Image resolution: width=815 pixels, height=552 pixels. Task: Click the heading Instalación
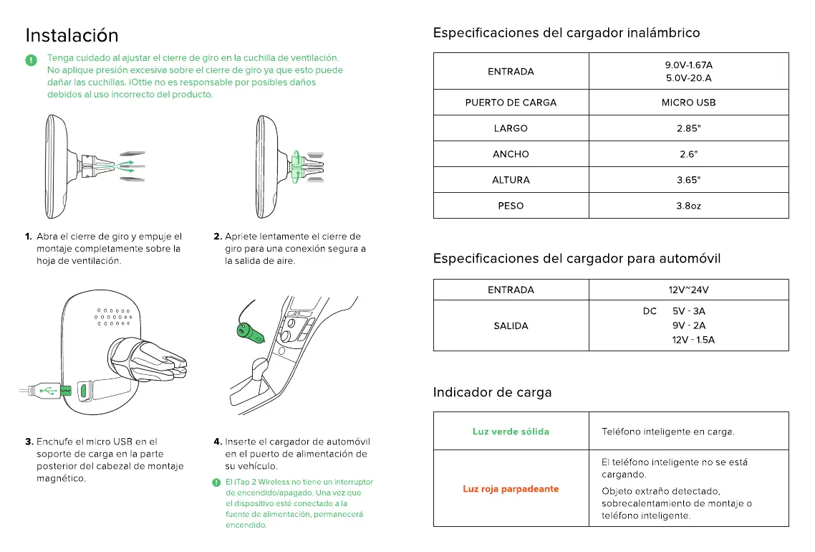click(x=72, y=35)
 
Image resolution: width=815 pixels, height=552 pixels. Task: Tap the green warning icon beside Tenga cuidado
click(x=32, y=60)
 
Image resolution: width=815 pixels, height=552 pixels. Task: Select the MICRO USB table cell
click(x=688, y=103)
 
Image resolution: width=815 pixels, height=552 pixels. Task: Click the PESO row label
click(x=511, y=206)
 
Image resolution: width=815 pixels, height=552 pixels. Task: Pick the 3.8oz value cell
click(x=688, y=206)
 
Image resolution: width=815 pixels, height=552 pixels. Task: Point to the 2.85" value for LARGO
click(x=688, y=128)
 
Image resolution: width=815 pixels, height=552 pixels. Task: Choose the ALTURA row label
click(x=511, y=180)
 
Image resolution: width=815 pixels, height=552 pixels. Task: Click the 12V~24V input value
click(x=688, y=290)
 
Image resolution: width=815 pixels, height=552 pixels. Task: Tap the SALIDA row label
click(x=511, y=326)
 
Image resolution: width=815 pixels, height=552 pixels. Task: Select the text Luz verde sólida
click(x=511, y=432)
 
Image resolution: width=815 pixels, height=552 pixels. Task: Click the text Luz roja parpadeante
click(x=511, y=489)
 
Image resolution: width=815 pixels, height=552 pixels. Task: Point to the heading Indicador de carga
click(x=492, y=392)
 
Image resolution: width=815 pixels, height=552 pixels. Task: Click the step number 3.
click(x=29, y=442)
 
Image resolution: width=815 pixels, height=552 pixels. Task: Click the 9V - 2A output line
click(x=688, y=325)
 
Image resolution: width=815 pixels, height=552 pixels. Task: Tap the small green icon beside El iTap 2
click(x=217, y=482)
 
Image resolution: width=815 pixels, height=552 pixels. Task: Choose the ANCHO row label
click(x=511, y=154)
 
